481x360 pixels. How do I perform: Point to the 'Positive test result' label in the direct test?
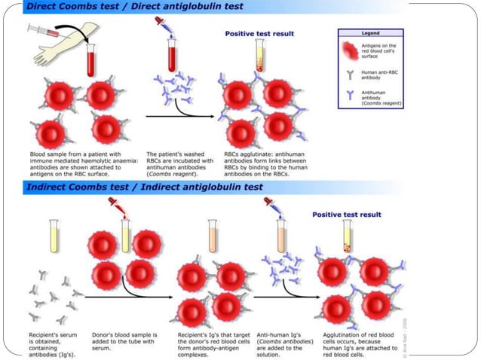click(259, 33)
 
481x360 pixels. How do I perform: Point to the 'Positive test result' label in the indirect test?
click(349, 214)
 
